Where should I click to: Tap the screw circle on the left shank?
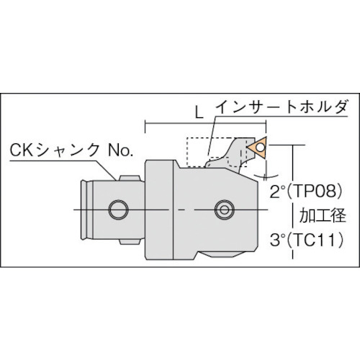(114, 210)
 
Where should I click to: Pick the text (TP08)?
(315, 192)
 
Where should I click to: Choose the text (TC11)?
(315, 238)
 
